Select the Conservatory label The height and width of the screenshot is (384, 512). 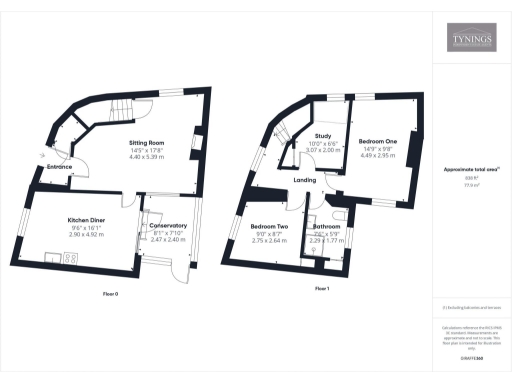(x=168, y=226)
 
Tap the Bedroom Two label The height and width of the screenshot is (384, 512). (x=269, y=227)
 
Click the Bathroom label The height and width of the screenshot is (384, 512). (x=327, y=227)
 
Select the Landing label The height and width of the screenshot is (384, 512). (x=304, y=180)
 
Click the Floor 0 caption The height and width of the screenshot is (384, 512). (x=111, y=294)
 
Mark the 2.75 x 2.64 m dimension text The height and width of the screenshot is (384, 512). (x=269, y=241)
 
